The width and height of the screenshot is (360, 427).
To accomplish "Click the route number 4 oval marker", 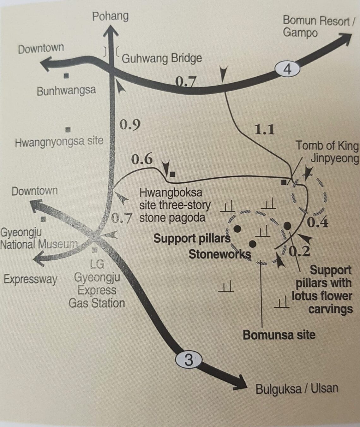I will (287, 69).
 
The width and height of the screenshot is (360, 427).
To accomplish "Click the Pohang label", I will (110, 16).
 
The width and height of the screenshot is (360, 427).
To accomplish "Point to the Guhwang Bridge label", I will (161, 58).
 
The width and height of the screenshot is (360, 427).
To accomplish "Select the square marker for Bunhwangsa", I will (66, 76).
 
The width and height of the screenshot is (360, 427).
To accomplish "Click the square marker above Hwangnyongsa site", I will (68, 130).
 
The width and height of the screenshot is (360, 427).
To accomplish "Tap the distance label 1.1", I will (264, 129).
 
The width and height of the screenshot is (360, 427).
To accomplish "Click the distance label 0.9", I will (130, 125).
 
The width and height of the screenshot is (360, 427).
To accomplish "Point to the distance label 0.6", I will (142, 159).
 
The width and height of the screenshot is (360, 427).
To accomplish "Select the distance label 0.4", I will (317, 223).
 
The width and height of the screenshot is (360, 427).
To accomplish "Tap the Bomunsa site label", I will (279, 335).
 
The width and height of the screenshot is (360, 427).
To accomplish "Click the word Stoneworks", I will (220, 254).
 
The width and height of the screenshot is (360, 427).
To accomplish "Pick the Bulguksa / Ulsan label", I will (297, 388).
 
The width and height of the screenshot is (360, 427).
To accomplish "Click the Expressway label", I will (30, 279).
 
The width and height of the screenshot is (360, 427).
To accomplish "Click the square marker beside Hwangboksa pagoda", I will (173, 174).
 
